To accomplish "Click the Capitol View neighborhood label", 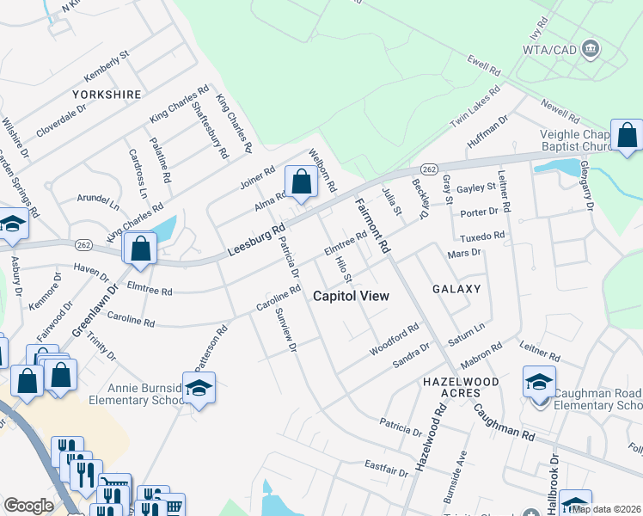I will [350, 296].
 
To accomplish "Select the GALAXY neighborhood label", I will [456, 289].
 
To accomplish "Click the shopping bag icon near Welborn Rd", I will [301, 182].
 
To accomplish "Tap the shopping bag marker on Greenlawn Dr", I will [140, 249].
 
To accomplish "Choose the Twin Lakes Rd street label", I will [475, 107].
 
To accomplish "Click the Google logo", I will [28, 505].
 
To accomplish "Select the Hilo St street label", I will [343, 269].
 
